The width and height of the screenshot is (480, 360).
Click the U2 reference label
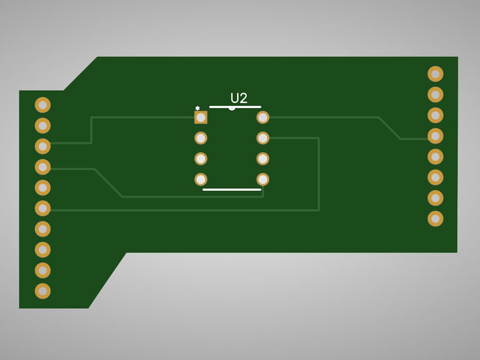pyautogui.click(x=239, y=98)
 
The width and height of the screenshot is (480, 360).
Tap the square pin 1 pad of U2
pyautogui.click(x=201, y=117)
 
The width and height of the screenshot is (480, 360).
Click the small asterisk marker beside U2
pyautogui.click(x=197, y=108)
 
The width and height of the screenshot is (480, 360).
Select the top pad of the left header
pyautogui.click(x=43, y=105)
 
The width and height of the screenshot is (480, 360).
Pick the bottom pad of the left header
pyautogui.click(x=43, y=291)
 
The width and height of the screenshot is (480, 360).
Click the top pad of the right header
pyautogui.click(x=435, y=74)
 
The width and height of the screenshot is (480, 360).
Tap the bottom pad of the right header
pyautogui.click(x=435, y=219)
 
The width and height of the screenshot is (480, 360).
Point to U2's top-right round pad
pyautogui.click(x=262, y=117)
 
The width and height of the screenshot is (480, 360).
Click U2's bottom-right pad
pyautogui.click(x=262, y=179)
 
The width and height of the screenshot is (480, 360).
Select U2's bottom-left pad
pyautogui.click(x=201, y=179)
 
